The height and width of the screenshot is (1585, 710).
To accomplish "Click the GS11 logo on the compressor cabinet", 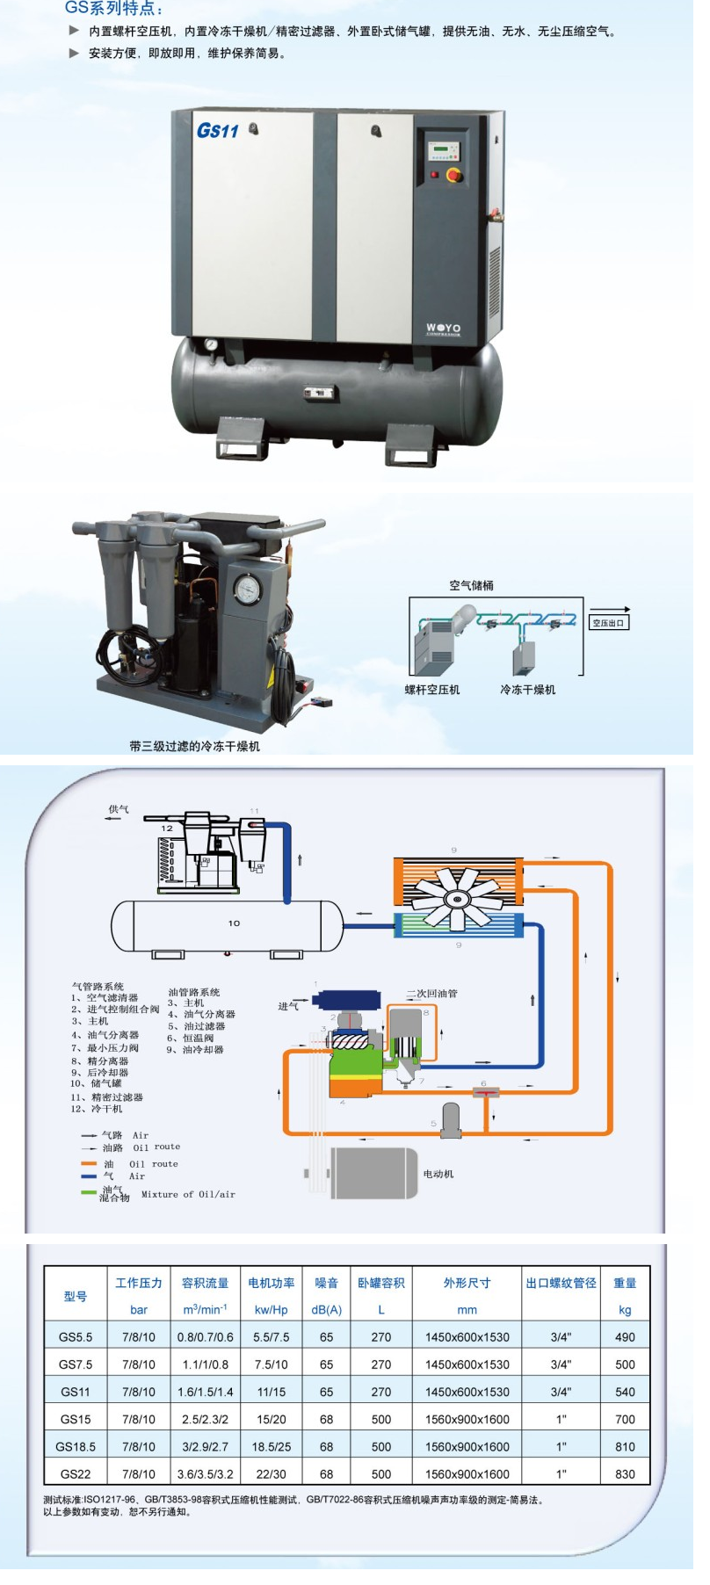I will tap(217, 131).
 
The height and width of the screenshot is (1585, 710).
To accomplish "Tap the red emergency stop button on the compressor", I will tap(453, 174).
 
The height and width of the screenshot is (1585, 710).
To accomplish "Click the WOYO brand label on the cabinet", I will tap(443, 329).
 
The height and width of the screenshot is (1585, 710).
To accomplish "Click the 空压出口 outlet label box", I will tap(608, 623).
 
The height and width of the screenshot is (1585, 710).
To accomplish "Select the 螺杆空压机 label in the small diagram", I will tap(431, 690).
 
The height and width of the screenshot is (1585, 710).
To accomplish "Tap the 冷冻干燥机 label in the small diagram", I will tap(527, 690).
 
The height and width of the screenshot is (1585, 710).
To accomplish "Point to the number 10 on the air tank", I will tap(234, 923).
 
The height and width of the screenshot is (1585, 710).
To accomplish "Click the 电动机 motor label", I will tap(438, 1174).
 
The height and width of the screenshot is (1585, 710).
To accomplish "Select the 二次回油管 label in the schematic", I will tap(431, 994).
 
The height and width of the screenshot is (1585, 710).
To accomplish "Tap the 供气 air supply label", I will tap(118, 809).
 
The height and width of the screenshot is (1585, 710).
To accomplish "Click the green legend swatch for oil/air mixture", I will tap(88, 1192).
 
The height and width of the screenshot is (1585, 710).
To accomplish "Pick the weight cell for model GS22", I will tap(625, 1473).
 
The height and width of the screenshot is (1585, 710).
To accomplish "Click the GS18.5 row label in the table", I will tap(76, 1446).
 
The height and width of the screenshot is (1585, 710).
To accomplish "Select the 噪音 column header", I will tap(326, 1283).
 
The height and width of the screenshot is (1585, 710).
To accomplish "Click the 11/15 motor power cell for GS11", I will tap(272, 1392).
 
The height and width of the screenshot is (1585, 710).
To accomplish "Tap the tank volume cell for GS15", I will tap(381, 1419).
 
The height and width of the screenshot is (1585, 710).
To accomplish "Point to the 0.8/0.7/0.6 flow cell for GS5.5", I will tap(205, 1337).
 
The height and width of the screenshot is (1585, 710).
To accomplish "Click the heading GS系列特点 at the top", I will tap(114, 9).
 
